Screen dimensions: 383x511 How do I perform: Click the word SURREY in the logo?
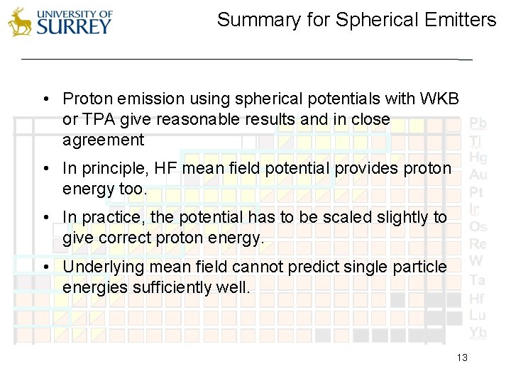pos(74,27)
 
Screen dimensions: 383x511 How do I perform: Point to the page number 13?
pos(462,358)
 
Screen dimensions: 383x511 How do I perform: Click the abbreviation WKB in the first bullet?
pos(441,98)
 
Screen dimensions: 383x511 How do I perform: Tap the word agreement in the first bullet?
pos(103,140)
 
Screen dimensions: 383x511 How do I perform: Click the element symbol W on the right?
pos(476,261)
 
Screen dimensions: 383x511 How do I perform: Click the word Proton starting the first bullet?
pos(85,98)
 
